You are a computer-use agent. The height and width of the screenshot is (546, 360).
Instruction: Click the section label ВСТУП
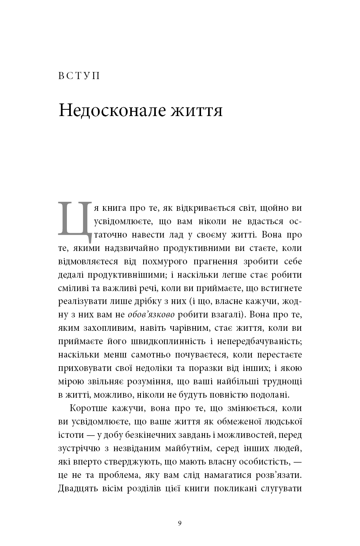click(x=79, y=76)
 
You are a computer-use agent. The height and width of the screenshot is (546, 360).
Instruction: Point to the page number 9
click(x=180, y=523)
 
